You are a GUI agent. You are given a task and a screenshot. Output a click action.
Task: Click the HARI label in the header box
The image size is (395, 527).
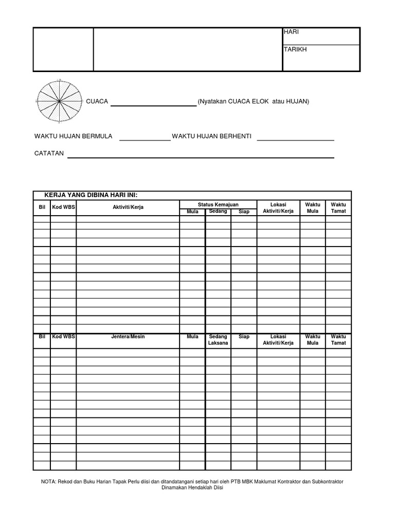point(291,32)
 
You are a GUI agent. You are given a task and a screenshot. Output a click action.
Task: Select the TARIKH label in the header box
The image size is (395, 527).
point(295,49)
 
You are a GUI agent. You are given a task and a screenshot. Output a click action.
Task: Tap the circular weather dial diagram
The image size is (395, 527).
point(60,101)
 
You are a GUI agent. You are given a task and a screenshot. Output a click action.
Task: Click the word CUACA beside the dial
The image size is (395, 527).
point(97,101)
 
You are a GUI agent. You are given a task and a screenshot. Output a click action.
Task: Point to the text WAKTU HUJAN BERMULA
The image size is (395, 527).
point(73,136)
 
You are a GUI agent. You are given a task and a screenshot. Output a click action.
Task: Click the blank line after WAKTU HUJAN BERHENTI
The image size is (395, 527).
point(295,139)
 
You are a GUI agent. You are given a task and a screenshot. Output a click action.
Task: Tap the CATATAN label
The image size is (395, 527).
point(49,153)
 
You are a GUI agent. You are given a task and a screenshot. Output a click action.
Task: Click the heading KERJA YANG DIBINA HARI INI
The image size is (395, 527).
point(91,195)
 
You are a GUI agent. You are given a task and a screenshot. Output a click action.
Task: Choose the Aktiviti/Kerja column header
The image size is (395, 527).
point(128,207)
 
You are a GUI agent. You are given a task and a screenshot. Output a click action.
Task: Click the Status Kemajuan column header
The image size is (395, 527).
point(218,204)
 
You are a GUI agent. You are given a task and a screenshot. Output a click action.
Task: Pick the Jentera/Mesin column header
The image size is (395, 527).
point(128,337)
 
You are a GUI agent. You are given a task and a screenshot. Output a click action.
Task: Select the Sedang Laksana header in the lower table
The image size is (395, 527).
point(218,340)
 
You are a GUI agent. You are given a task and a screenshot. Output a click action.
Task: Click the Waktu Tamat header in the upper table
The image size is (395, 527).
point(338,208)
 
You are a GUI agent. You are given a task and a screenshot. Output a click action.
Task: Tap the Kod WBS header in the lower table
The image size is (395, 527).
point(63,337)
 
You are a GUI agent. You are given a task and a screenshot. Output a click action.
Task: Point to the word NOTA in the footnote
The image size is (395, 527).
point(49,482)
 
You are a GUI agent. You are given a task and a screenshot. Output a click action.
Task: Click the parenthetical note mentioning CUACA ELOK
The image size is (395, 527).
point(254,101)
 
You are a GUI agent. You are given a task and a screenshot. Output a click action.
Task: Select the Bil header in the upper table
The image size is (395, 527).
point(42,207)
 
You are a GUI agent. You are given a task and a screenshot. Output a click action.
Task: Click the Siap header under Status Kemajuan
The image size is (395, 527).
point(244,212)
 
